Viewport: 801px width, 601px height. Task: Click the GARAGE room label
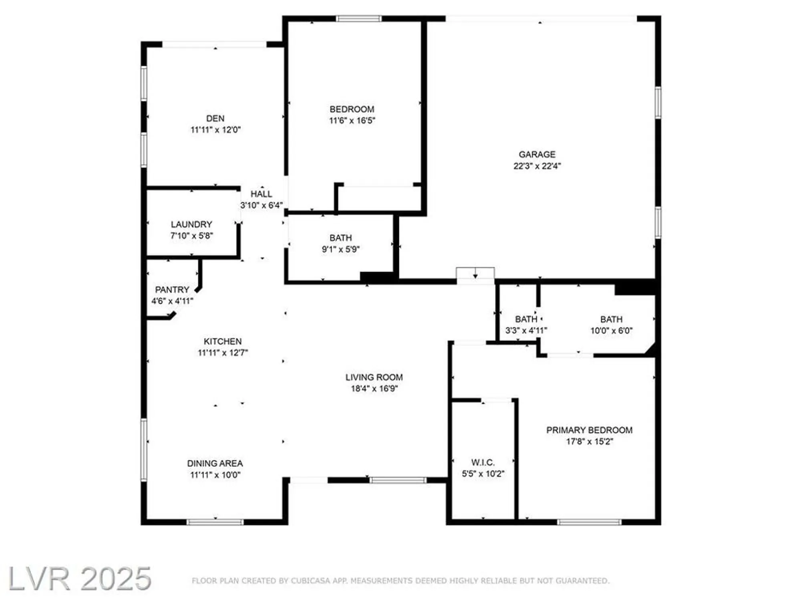[537, 154]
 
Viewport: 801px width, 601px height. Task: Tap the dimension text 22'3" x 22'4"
[537, 166]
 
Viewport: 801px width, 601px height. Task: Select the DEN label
[215, 118]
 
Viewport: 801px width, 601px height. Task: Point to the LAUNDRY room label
[191, 224]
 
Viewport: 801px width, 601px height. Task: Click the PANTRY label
[172, 289]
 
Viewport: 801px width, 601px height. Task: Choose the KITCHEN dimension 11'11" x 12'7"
[223, 353]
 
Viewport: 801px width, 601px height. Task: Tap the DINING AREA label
[215, 463]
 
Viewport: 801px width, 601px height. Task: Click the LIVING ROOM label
[374, 377]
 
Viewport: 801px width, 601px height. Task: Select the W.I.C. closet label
[483, 462]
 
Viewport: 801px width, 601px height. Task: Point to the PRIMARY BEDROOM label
[589, 430]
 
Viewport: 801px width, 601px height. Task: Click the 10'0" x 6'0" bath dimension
[611, 331]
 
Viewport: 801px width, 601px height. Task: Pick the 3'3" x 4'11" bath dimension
[526, 331]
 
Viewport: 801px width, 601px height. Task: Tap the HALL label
[261, 194]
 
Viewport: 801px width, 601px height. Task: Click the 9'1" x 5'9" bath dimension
[340, 249]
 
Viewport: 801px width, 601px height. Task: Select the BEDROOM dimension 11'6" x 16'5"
[352, 121]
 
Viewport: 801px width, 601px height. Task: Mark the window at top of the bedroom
[358, 18]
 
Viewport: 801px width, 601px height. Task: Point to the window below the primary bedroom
[589, 522]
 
